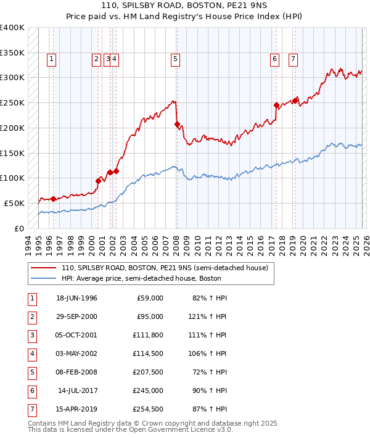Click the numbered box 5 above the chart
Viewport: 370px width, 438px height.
[x=176, y=59]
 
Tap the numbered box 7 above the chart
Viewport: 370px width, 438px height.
[x=293, y=59]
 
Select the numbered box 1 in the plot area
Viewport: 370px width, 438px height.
[x=51, y=59]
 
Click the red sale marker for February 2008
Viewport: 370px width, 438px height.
[x=177, y=124]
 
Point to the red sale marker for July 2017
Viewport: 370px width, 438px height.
[x=276, y=105]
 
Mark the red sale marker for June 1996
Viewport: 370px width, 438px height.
[x=53, y=199]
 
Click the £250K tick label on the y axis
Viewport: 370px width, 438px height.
[x=12, y=102]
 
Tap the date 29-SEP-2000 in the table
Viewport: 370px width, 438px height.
[x=76, y=316]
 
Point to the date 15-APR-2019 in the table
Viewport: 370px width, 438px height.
[x=76, y=409]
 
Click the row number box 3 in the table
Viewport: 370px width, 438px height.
[x=31, y=335]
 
